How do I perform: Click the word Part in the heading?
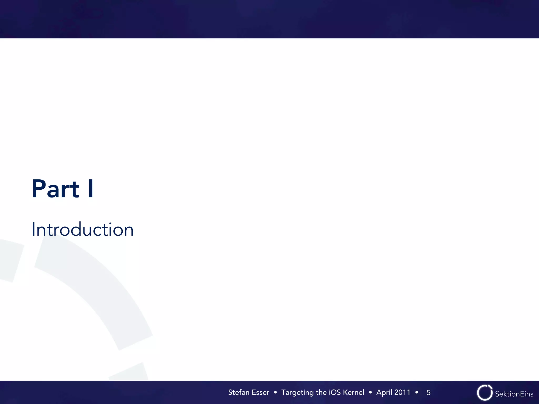click(x=56, y=189)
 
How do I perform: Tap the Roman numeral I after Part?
click(x=91, y=189)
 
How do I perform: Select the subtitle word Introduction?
click(x=82, y=229)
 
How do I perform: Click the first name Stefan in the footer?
click(x=239, y=392)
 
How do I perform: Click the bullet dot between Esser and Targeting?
click(x=275, y=392)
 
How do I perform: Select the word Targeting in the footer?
click(x=298, y=393)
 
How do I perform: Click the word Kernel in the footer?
click(x=353, y=392)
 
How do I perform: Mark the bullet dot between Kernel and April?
click(x=370, y=392)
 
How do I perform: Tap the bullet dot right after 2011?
click(x=417, y=392)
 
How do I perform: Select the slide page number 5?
click(x=428, y=393)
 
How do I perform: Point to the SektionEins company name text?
click(x=514, y=394)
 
